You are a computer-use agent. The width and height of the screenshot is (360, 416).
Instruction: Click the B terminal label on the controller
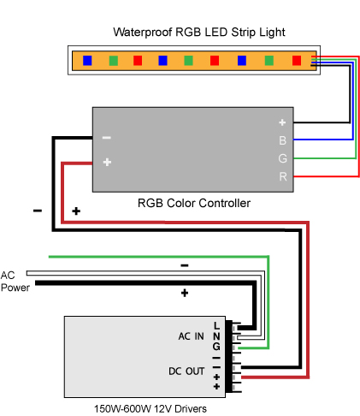pyautogui.click(x=282, y=140)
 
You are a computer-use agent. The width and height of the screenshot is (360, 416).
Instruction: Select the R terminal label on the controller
pyautogui.click(x=283, y=176)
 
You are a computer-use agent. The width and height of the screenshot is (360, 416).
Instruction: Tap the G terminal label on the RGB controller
pyautogui.click(x=282, y=158)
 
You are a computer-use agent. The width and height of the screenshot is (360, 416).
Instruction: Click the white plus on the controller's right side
pyautogui.click(x=282, y=122)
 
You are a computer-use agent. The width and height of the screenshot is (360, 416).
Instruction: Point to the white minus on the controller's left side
pyautogui.click(x=107, y=138)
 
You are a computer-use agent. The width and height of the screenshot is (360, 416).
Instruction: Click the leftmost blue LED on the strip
pyautogui.click(x=87, y=61)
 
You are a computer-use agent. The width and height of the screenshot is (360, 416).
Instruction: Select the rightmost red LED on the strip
pyautogui.click(x=297, y=61)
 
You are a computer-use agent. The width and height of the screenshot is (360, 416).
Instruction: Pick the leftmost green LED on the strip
pyautogui.click(x=114, y=61)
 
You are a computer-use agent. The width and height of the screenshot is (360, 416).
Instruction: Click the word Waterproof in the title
pyautogui.click(x=143, y=33)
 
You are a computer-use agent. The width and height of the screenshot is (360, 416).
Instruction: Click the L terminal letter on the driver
pyautogui.click(x=216, y=325)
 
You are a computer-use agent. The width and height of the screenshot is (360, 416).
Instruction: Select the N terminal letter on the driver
pyautogui.click(x=216, y=336)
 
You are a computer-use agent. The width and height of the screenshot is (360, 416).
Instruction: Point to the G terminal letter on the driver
pyautogui.click(x=216, y=347)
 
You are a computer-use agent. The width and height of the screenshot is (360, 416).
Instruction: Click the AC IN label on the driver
pyautogui.click(x=191, y=336)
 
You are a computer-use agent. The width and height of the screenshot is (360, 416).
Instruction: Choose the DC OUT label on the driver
pyautogui.click(x=186, y=371)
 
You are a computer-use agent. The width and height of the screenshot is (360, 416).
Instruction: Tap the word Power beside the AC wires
pyautogui.click(x=15, y=288)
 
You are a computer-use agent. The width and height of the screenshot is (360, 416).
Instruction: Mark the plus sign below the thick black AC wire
pyautogui.click(x=185, y=293)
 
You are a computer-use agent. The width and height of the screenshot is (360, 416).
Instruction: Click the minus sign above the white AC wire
pyautogui.click(x=185, y=265)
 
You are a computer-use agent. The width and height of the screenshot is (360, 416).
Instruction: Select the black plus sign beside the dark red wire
pyautogui.click(x=76, y=211)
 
